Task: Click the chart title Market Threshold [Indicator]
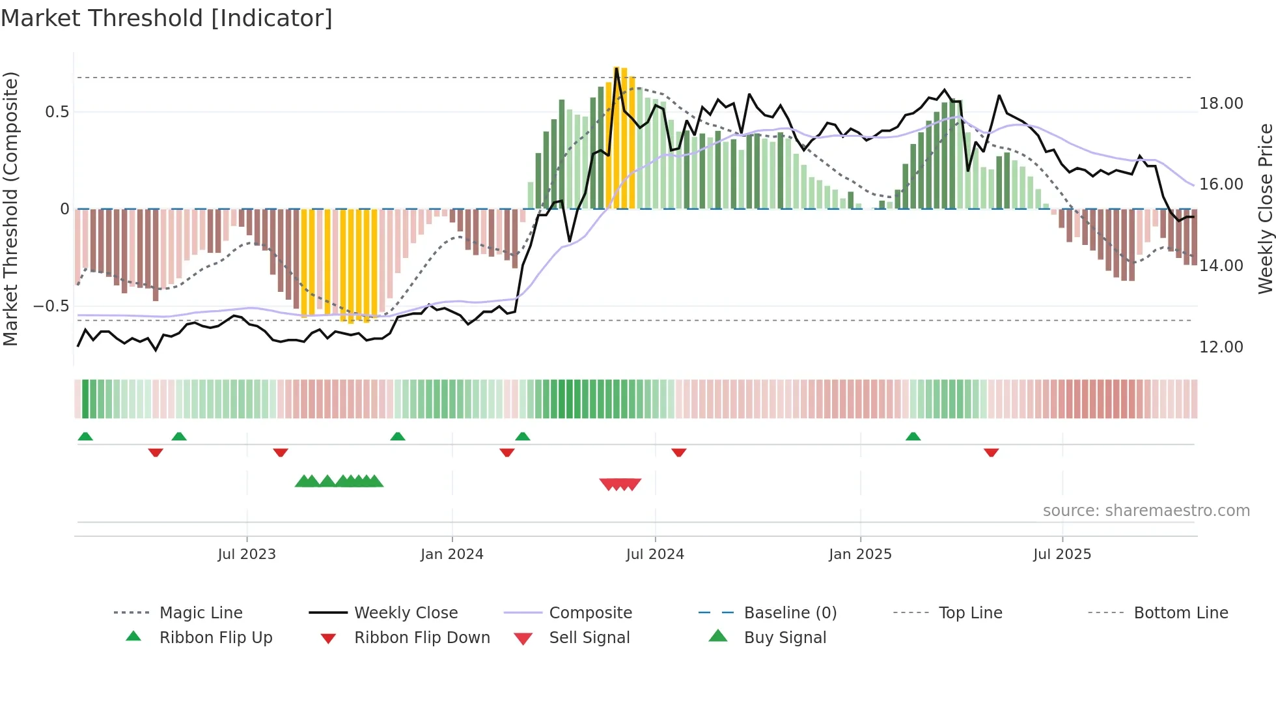pyautogui.click(x=167, y=18)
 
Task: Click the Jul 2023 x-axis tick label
pyautogui.click(x=247, y=554)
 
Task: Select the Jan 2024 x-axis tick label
pyautogui.click(x=452, y=554)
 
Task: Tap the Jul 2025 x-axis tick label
pyautogui.click(x=1062, y=554)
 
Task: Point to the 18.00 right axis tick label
pyautogui.click(x=1221, y=104)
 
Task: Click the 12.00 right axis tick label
pyautogui.click(x=1221, y=347)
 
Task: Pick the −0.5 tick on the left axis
pyautogui.click(x=51, y=306)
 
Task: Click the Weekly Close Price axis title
pyautogui.click(x=1265, y=208)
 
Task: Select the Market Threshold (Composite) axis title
pyautogui.click(x=10, y=208)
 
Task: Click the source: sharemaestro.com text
pyautogui.click(x=1146, y=511)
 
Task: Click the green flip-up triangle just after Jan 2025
pyautogui.click(x=913, y=437)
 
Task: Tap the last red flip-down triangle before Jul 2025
pyautogui.click(x=991, y=452)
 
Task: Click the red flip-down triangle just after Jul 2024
pyautogui.click(x=678, y=452)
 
